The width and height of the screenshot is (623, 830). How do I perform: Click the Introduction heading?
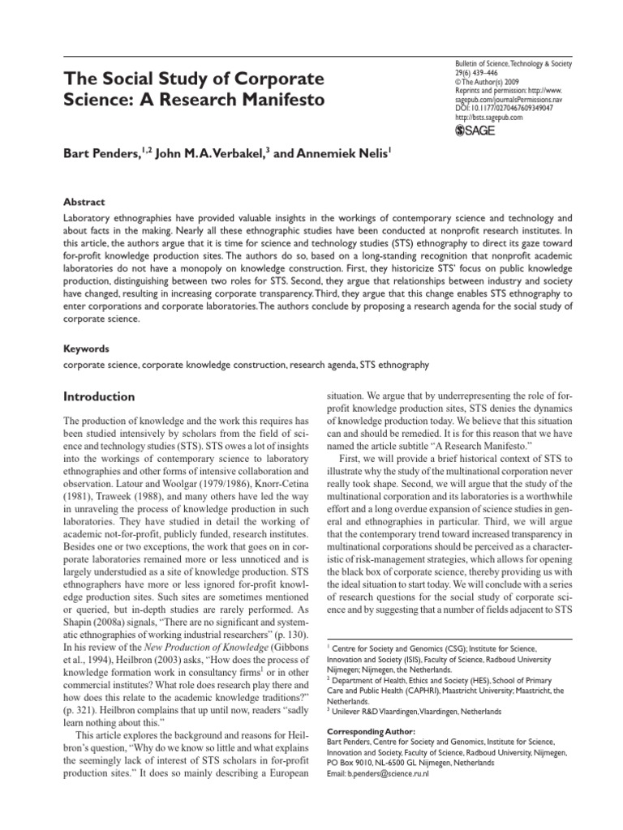[x=99, y=397]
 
